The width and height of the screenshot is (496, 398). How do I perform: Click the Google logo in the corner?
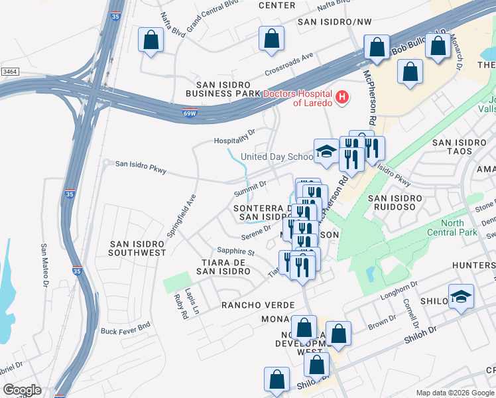21,390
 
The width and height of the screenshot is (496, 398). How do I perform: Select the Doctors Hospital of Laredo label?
298,98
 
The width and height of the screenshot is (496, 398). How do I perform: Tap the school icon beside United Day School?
326,151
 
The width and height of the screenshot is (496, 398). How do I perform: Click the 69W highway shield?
190,113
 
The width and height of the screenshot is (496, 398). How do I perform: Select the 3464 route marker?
10,71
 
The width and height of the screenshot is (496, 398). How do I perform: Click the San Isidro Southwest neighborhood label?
137,248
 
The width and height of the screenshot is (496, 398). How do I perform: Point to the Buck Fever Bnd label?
126,330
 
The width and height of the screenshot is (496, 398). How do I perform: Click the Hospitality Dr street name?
235,137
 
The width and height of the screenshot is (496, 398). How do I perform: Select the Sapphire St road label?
236,251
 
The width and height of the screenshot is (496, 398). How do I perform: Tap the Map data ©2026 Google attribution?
454,393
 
